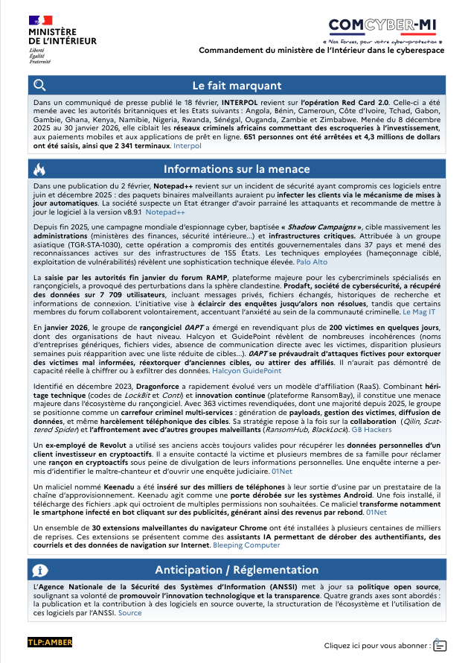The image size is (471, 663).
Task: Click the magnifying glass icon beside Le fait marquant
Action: [40, 85]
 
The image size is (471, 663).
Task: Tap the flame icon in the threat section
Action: [40, 169]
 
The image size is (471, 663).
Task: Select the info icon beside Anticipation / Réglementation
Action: [40, 570]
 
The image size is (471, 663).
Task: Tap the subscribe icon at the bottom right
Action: [440, 644]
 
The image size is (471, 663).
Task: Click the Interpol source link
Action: [188, 147]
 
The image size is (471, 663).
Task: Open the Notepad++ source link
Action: [171, 212]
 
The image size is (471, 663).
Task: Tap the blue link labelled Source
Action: [129, 613]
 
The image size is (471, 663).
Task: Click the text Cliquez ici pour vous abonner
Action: [377, 645]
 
